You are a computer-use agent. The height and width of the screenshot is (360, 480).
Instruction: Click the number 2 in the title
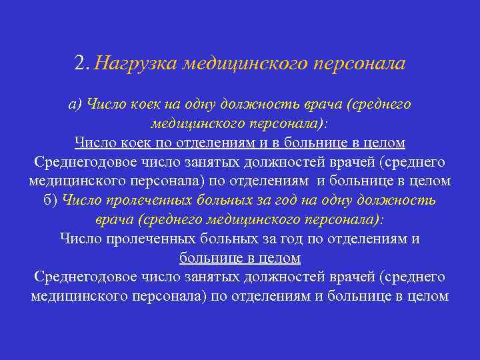80,63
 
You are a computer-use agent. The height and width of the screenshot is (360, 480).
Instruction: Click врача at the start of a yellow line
113,219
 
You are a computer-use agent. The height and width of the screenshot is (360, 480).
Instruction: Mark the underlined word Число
96,143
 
